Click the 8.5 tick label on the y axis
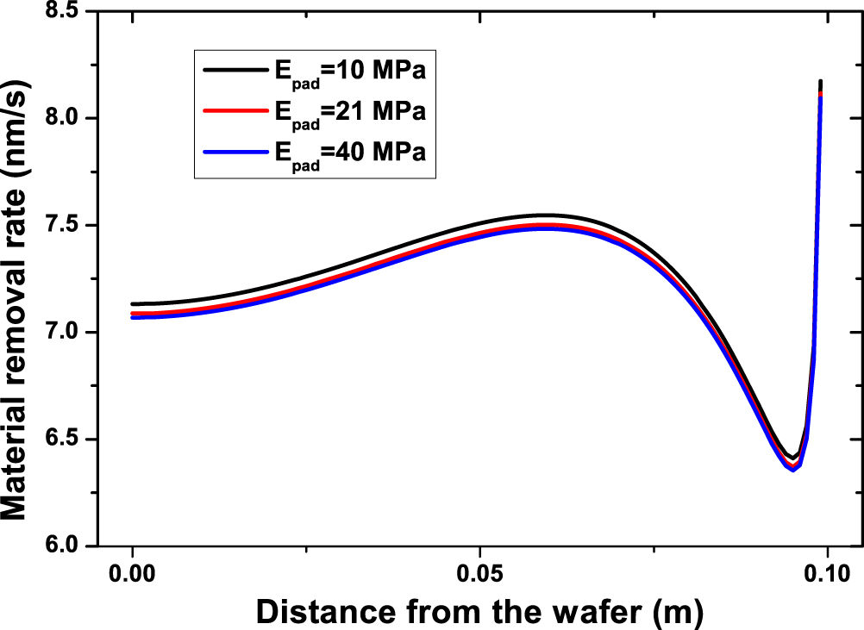tap(73, 11)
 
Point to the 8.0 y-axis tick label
tap(73, 118)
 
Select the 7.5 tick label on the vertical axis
tap(73, 226)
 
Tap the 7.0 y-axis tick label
tap(73, 333)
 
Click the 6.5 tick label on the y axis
tap(73, 440)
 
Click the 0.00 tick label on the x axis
tap(132, 571)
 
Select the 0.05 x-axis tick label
tap(479, 571)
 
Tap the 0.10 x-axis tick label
tap(827, 571)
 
